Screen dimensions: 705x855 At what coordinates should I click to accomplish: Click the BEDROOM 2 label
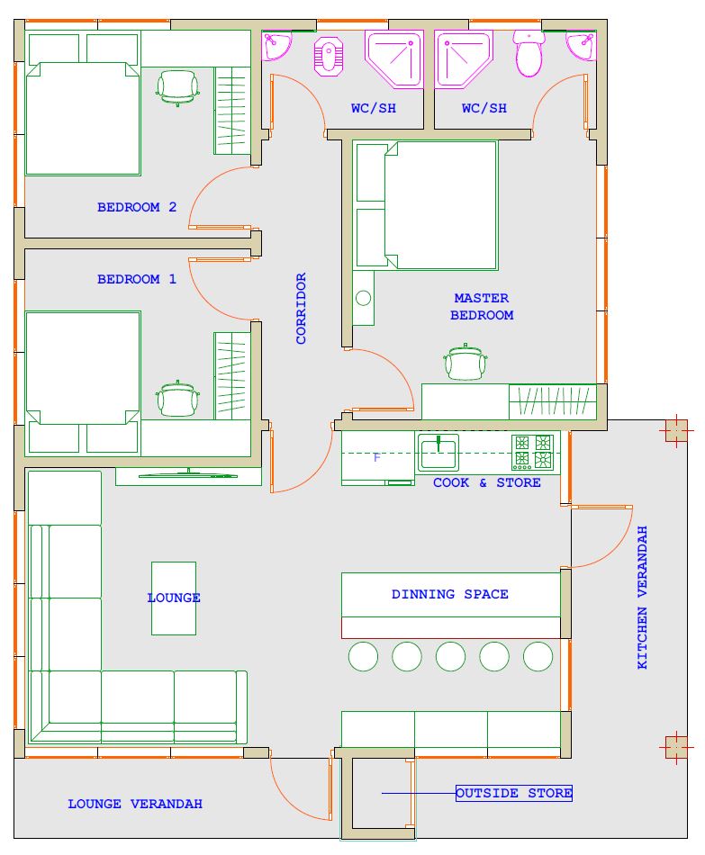[x=137, y=207]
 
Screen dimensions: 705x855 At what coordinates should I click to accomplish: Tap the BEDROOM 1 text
[x=137, y=279]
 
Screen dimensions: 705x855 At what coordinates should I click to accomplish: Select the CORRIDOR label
[x=302, y=309]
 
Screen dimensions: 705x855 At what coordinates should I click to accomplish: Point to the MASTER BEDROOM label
[x=482, y=306]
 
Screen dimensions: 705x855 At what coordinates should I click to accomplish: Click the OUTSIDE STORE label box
[x=514, y=793]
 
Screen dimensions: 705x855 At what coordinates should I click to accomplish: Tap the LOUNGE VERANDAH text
[x=135, y=804]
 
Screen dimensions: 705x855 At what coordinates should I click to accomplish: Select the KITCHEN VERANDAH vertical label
[x=642, y=597]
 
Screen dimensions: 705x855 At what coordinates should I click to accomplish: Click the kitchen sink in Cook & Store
[x=438, y=452]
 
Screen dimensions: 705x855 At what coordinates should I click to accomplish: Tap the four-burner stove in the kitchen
[x=532, y=452]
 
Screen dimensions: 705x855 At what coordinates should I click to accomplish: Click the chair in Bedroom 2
[x=177, y=87]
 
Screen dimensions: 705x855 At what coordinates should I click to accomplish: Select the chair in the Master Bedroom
[x=465, y=362]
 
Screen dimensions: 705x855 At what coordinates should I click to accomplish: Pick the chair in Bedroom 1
[x=177, y=399]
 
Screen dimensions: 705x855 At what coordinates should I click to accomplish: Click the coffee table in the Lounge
[x=174, y=598]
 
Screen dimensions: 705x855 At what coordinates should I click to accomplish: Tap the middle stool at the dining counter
[x=450, y=656]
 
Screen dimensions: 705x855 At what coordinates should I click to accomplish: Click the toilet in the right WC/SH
[x=529, y=53]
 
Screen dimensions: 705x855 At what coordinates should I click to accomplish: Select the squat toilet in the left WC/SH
[x=328, y=56]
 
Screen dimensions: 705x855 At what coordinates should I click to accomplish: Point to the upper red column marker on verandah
[x=676, y=431]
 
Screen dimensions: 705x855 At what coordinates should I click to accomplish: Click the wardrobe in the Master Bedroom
[x=552, y=402]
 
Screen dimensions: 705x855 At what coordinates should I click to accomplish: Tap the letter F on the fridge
[x=376, y=457]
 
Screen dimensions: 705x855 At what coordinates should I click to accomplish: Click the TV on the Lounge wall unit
[x=188, y=474]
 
